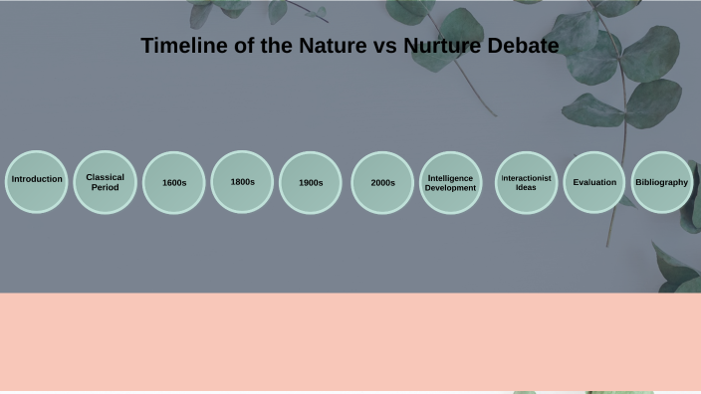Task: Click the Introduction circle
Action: (37, 181)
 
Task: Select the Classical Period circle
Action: (105, 182)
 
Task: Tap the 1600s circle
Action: (173, 182)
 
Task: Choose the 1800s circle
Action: (242, 181)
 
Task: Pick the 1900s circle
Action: (311, 182)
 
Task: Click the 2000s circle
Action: (382, 182)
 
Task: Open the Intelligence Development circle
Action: (450, 182)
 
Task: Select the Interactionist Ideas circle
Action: (526, 182)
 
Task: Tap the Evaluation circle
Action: (594, 182)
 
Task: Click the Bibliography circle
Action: (662, 182)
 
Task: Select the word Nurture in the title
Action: (443, 46)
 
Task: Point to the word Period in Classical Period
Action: (105, 187)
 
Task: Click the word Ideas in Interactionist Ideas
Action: (526, 187)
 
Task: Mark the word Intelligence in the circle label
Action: (450, 177)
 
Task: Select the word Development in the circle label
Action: (450, 187)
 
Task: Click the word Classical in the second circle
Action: (105, 177)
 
